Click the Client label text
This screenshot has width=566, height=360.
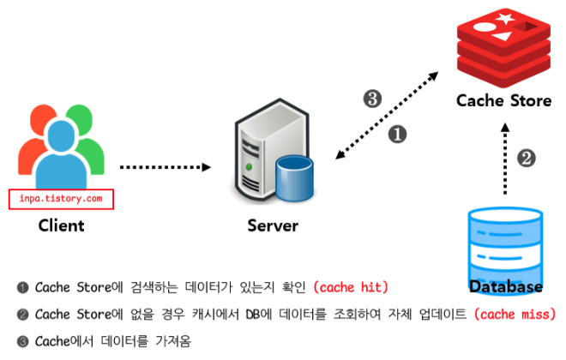tap(61, 226)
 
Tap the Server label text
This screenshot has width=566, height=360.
tap(273, 226)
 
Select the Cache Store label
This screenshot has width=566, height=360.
tap(503, 100)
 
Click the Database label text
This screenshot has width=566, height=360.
tap(506, 286)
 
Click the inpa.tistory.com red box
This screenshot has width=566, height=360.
tap(62, 199)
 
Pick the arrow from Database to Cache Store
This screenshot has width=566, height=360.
tap(505, 163)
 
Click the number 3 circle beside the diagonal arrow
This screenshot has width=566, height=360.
tap(372, 99)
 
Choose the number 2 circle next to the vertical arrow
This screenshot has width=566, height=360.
tap(528, 157)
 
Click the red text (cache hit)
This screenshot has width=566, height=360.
tap(352, 285)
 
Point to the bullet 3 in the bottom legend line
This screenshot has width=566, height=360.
tap(22, 341)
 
